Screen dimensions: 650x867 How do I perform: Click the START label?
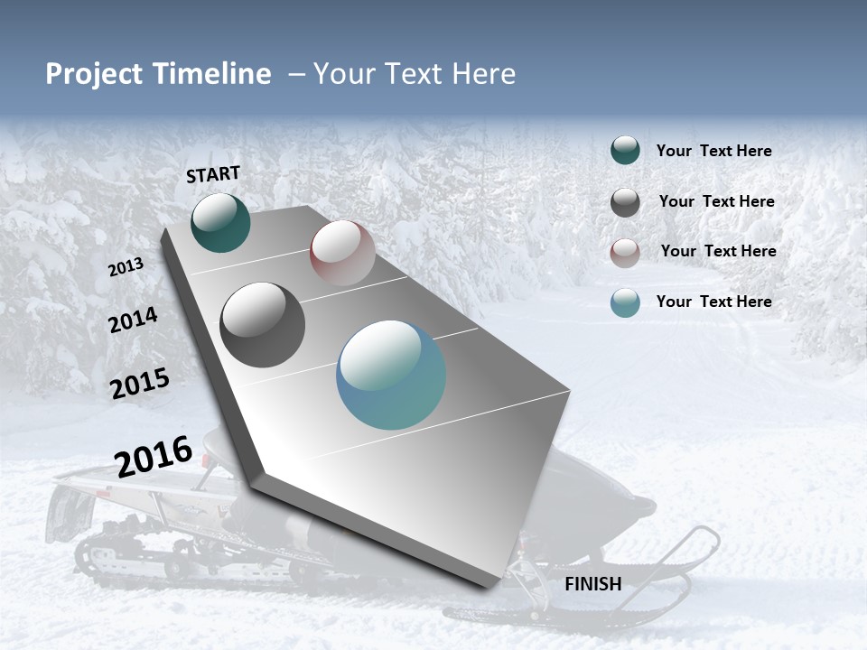tap(213, 174)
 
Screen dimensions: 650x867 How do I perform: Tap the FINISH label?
tap(592, 584)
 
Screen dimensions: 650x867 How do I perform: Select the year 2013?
tap(126, 267)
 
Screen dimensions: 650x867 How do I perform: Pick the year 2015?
tap(140, 384)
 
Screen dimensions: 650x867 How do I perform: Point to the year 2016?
tap(154, 456)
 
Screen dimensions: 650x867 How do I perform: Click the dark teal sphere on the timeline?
tap(220, 223)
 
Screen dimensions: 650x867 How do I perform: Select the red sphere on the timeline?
tap(342, 253)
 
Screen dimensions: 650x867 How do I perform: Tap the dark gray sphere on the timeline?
tap(262, 325)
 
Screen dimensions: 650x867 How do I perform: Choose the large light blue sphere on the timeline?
tap(391, 375)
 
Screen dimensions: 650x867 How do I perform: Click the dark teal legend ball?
tap(625, 151)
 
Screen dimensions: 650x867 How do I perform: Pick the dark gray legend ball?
tap(625, 202)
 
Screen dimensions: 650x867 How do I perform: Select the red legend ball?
tap(625, 253)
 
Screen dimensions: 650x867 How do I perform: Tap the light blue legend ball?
tap(625, 302)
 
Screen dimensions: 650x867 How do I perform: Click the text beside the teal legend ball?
tap(713, 152)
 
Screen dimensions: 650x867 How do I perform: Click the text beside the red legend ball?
tap(718, 251)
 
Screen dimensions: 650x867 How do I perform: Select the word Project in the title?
tap(92, 74)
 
